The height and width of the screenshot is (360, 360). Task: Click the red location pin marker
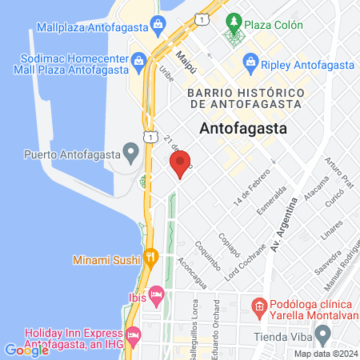pos(180,165)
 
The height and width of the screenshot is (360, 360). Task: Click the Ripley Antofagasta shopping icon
pos(251,62)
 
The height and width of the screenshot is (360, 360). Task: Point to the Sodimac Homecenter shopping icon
pos(139,59)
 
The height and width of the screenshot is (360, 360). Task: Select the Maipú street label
pos(186,58)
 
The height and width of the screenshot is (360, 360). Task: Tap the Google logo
pos(26,350)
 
